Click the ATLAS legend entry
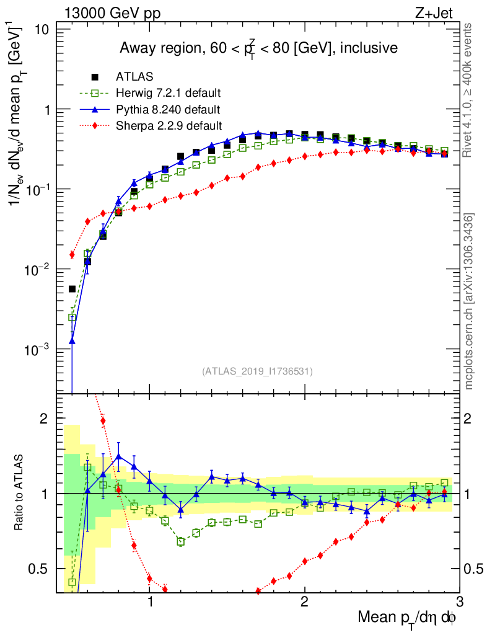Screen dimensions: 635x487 coord(133,77)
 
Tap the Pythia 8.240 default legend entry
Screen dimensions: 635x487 coord(168,110)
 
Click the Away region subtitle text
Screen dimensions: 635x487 coord(258,48)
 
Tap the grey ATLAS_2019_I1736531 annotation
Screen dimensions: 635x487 coord(257,371)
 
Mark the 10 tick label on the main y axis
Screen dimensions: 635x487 coord(44,30)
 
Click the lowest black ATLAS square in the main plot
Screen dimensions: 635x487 coord(72,288)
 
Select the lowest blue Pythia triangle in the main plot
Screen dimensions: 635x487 coord(72,340)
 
